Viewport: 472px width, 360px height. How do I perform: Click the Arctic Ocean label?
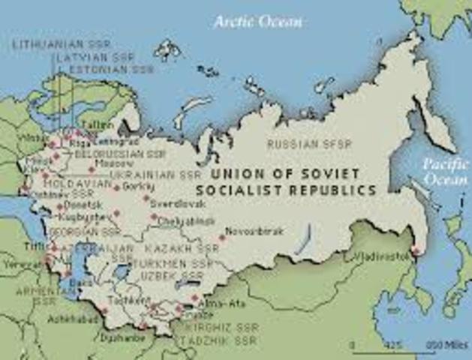pos(257,21)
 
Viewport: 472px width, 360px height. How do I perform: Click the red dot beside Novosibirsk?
pos(222,238)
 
